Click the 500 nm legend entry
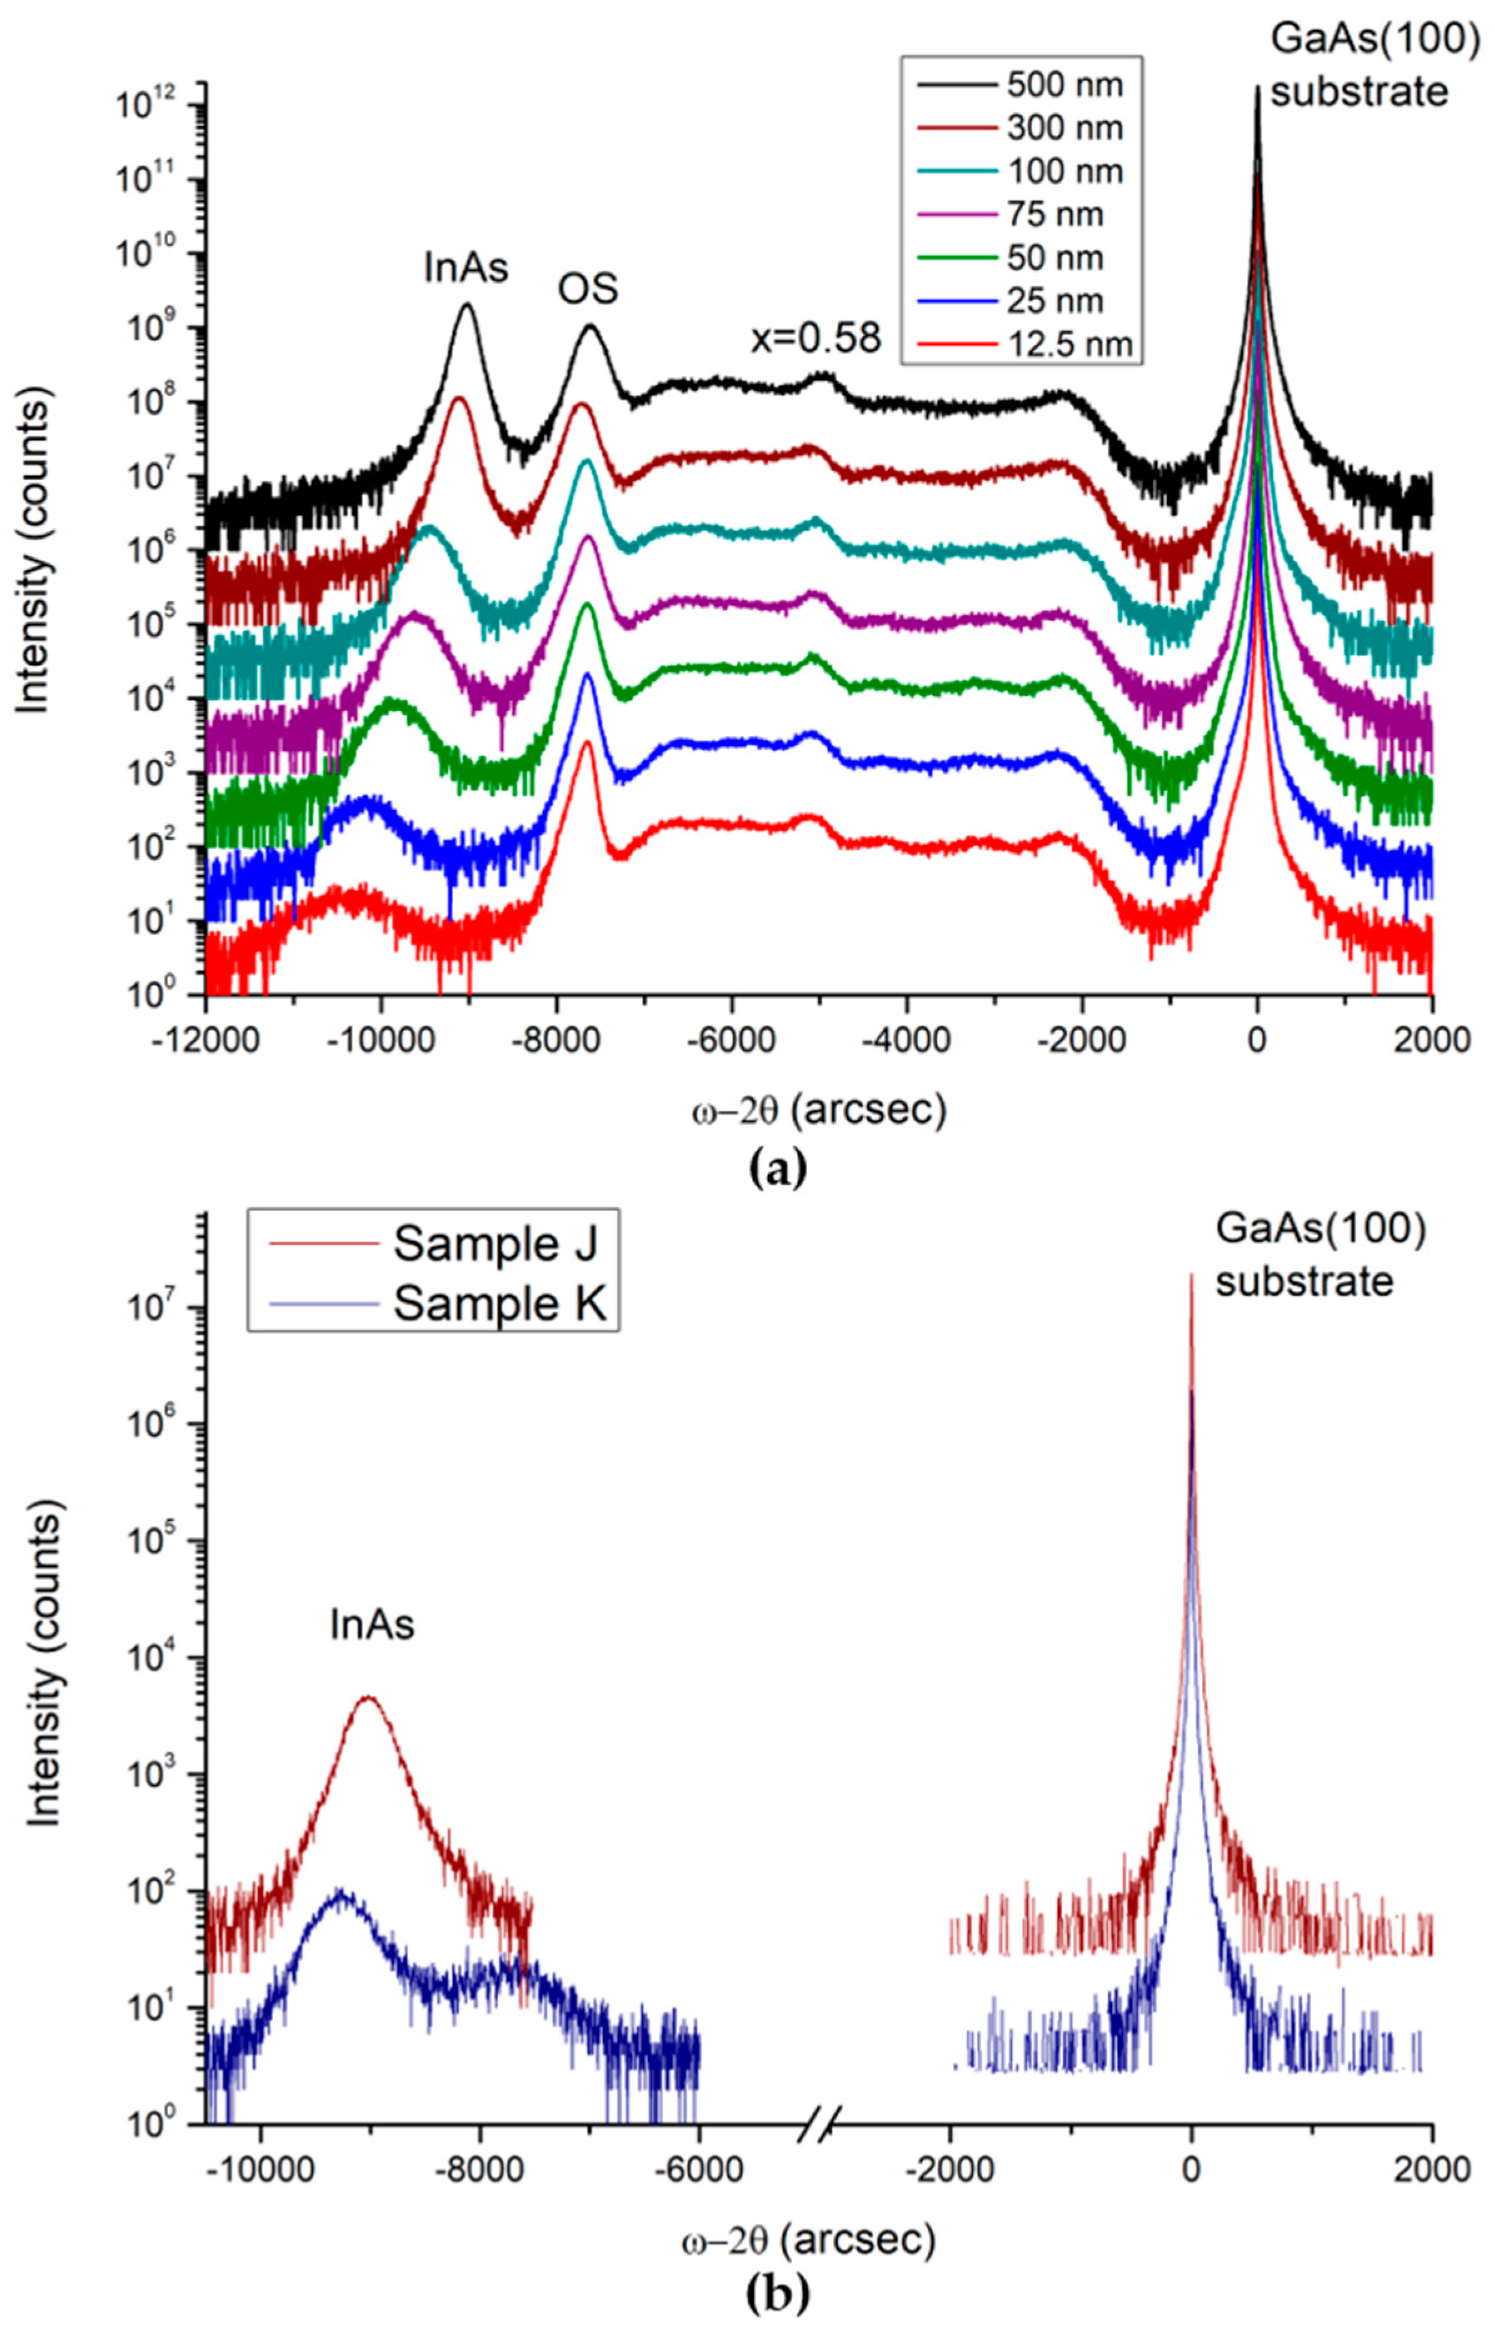pos(1064,86)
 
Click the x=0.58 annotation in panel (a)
pos(816,337)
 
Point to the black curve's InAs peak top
pos(467,305)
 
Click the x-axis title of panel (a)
pos(817,1111)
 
